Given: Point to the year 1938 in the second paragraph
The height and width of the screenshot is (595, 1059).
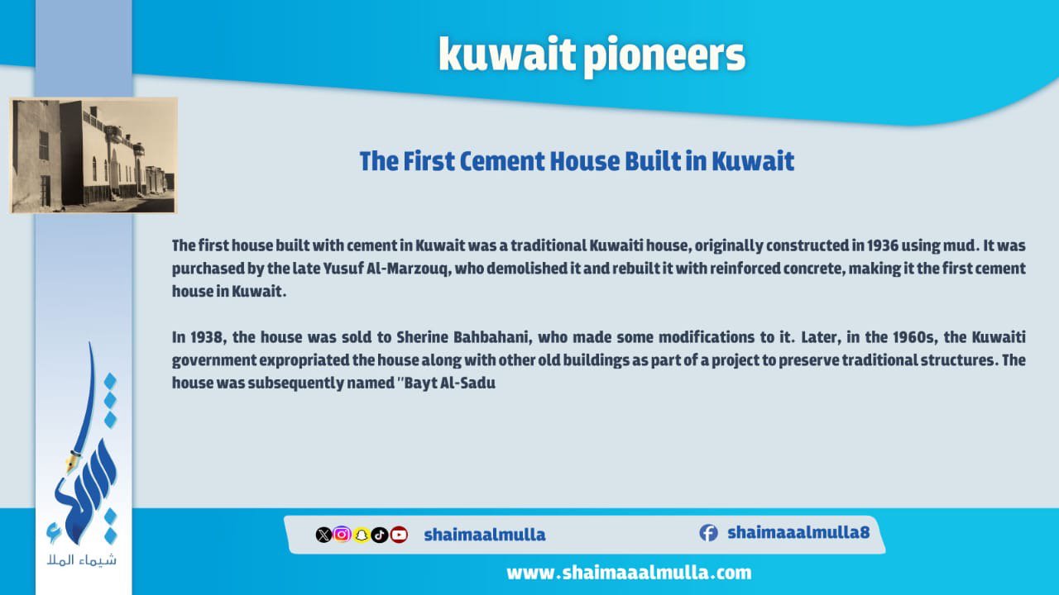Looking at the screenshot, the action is click(207, 337).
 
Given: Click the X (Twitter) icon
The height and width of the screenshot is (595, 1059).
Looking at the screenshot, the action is click(323, 535).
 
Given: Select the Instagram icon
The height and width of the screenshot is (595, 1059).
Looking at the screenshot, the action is click(342, 535).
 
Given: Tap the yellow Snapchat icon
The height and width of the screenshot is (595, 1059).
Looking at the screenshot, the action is click(362, 535).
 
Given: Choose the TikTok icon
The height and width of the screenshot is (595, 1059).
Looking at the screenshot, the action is click(380, 535).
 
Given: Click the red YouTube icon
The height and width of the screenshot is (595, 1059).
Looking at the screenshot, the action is click(399, 535).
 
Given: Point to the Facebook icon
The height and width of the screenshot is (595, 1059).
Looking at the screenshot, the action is click(709, 533).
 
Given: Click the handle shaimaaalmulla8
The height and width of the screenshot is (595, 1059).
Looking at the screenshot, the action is click(798, 533).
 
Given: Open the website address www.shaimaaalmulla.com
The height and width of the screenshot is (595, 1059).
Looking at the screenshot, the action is click(629, 573).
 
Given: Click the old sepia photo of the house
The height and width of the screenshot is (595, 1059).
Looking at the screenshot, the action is click(93, 155).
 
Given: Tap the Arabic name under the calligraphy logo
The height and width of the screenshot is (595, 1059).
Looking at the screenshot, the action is click(81, 560).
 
